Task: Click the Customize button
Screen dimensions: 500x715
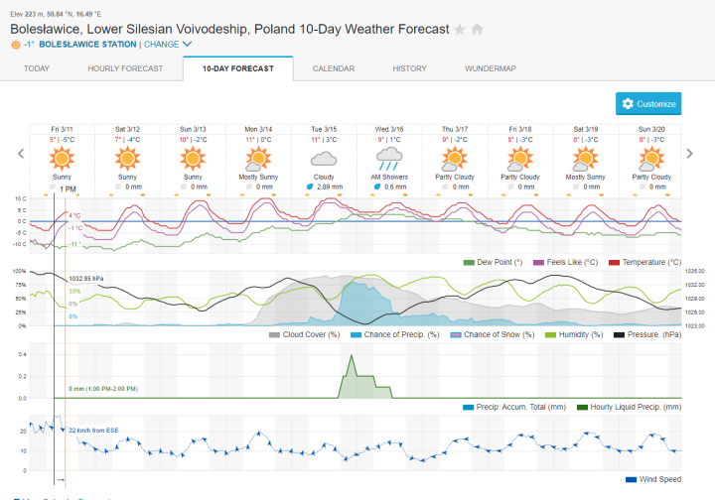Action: point(648,103)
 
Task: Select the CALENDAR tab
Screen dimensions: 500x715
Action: point(334,68)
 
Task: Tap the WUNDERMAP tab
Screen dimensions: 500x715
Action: point(491,68)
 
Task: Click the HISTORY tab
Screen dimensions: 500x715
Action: point(409,68)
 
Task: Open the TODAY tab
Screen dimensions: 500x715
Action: point(37,68)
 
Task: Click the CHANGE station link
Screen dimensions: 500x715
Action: point(167,45)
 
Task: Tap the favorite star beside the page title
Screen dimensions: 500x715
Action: point(460,29)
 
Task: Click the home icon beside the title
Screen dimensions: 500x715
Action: point(477,29)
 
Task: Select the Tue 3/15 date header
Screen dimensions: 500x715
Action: point(324,129)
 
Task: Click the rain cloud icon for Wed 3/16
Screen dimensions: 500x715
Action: point(389,158)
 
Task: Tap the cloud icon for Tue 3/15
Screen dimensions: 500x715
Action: point(324,158)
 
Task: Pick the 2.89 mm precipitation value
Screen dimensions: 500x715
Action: point(328,187)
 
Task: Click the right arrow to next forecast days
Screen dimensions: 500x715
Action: point(689,153)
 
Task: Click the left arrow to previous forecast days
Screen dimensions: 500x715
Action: point(19,153)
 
